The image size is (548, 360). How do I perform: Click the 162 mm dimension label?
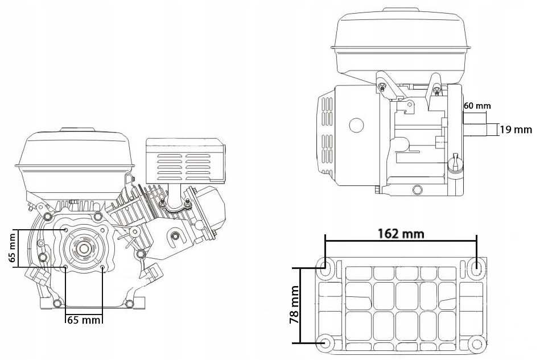coord(401,233)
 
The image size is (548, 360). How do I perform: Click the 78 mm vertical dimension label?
coord(294,306)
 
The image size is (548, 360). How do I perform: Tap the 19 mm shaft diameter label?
coord(516,130)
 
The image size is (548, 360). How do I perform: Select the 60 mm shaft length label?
coord(477,106)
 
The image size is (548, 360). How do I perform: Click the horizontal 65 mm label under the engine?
coord(84,320)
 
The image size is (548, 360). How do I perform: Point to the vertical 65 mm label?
coord(12,248)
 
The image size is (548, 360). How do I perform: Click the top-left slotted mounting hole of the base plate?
coord(328,264)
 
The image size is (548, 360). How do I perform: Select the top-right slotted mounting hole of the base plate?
coord(477,265)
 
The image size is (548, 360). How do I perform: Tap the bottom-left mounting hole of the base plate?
coord(327,342)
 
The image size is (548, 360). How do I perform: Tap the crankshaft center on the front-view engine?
coord(84,249)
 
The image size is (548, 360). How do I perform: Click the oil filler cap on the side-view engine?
coord(455,164)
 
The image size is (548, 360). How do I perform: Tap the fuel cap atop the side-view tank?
coord(403,10)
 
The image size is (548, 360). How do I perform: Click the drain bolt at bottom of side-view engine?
coord(418,189)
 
